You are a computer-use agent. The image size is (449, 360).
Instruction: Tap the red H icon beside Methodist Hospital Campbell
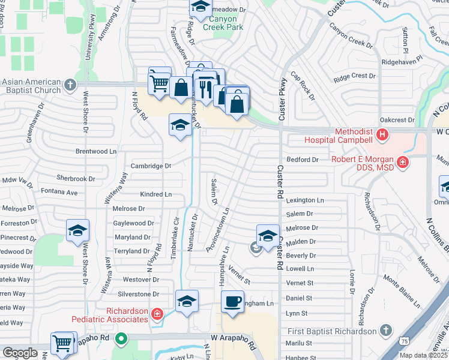[x=382, y=135]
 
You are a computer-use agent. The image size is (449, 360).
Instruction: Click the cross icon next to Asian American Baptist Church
[x=71, y=85]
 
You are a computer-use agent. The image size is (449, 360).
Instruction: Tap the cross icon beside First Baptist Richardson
[x=385, y=331]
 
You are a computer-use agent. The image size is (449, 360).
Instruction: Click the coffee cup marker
[x=232, y=302]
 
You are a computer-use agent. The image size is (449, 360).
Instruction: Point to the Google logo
[x=20, y=353]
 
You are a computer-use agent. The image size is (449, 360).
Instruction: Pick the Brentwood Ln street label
[x=96, y=152]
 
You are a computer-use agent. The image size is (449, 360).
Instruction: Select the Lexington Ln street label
[x=305, y=200]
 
